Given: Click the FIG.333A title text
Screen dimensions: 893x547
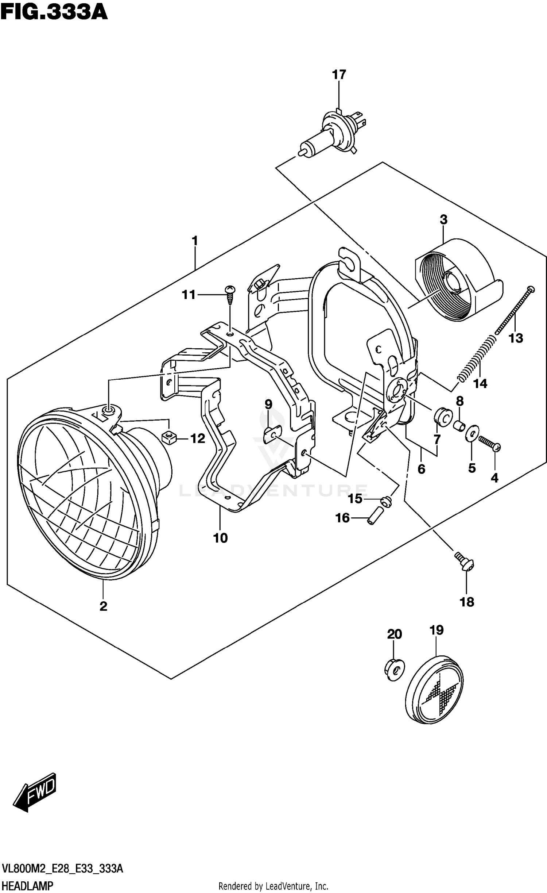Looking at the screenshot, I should point(54,12).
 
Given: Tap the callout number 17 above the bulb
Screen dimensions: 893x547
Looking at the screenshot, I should point(339,75).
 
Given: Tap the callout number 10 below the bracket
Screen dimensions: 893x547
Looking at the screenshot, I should point(220,538).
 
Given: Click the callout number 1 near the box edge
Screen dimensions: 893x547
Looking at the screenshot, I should point(195,241).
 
